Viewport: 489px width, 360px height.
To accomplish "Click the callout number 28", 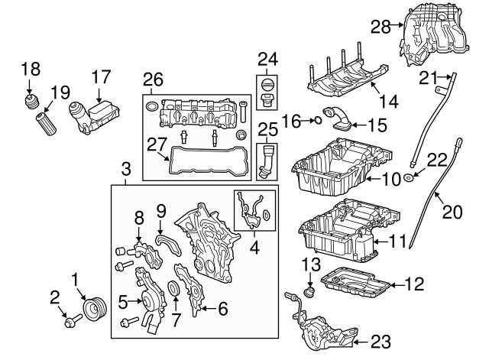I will pos(382,27).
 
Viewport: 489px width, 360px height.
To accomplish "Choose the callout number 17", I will pos(102,76).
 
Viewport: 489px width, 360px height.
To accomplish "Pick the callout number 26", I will pos(153,79).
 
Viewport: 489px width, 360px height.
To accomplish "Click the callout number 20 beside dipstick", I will pos(453,212).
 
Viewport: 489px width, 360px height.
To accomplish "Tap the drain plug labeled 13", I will pos(311,291).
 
